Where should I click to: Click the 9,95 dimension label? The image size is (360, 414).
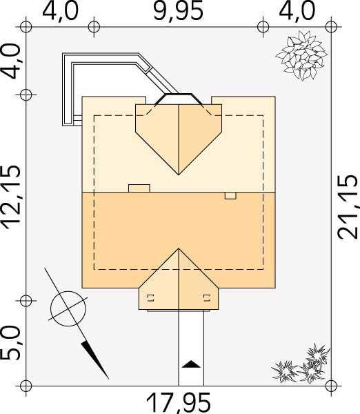click(x=179, y=11)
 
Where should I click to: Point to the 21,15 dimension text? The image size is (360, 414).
click(x=348, y=207)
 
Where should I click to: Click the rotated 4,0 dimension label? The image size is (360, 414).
click(x=11, y=61)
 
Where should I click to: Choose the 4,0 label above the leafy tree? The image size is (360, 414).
click(x=297, y=11)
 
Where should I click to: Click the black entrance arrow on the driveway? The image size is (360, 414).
click(x=191, y=364)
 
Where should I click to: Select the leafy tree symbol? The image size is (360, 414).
click(x=301, y=55)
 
